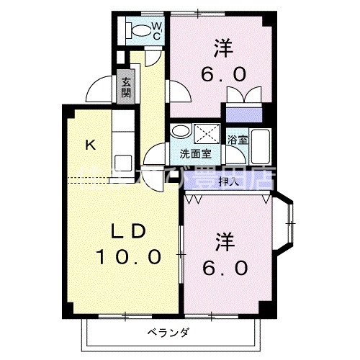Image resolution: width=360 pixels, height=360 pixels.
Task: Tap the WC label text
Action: pyautogui.click(x=157, y=30)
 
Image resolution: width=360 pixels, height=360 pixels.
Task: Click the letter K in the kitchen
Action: pyautogui.click(x=90, y=145)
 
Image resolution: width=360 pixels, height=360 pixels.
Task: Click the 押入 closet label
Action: pyautogui.click(x=229, y=182)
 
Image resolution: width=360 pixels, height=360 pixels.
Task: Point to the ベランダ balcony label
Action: pyautogui.click(x=169, y=333)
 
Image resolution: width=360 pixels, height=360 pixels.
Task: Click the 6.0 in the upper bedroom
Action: pyautogui.click(x=230, y=74)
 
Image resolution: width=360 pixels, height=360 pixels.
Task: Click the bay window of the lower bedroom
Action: pyautogui.click(x=286, y=225)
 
